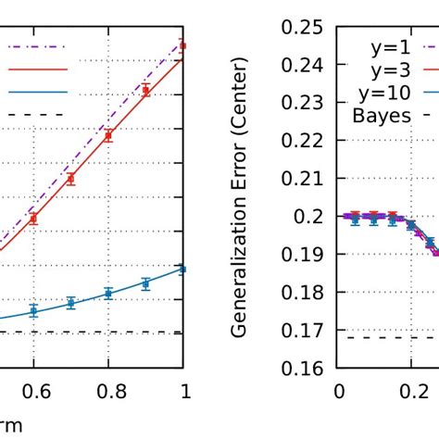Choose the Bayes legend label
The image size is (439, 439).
pyautogui.click(x=381, y=116)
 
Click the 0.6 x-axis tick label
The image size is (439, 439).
pyautogui.click(x=33, y=392)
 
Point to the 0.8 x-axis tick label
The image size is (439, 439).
pyautogui.click(x=108, y=392)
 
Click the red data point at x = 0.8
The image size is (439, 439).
pyautogui.click(x=108, y=135)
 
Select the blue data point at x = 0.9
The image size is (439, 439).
pyautogui.click(x=145, y=283)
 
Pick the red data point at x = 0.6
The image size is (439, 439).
pyautogui.click(x=33, y=219)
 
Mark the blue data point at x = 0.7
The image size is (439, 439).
pyautogui.click(x=70, y=303)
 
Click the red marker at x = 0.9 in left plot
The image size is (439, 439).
pyautogui.click(x=145, y=90)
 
